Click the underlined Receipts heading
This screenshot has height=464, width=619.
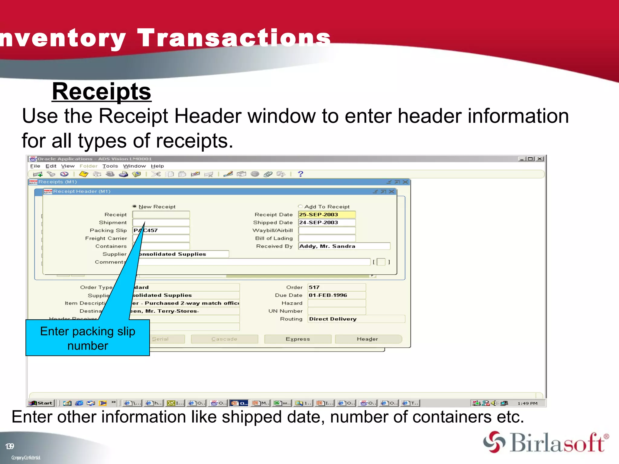(102, 92)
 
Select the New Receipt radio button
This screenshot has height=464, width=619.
(134, 206)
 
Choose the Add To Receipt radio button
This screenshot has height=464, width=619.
(300, 206)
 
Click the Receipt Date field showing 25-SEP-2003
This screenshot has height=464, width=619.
(326, 214)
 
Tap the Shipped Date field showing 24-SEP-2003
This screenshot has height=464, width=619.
(326, 222)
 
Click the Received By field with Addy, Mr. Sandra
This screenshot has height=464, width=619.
(344, 246)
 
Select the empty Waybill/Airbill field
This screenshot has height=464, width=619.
(326, 230)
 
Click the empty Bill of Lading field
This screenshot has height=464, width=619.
(326, 238)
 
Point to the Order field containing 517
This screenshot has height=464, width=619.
(336, 287)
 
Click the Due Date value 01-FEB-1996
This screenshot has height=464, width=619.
(336, 295)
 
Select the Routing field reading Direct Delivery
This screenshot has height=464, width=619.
(356, 319)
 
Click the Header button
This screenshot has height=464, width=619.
(368, 339)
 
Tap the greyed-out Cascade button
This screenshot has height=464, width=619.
(224, 339)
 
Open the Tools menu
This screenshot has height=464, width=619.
(110, 166)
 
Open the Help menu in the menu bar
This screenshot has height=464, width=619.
(157, 166)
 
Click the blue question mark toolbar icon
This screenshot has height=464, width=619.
(300, 174)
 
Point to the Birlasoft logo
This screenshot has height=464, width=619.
(546, 442)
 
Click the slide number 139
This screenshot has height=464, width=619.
(10, 446)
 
